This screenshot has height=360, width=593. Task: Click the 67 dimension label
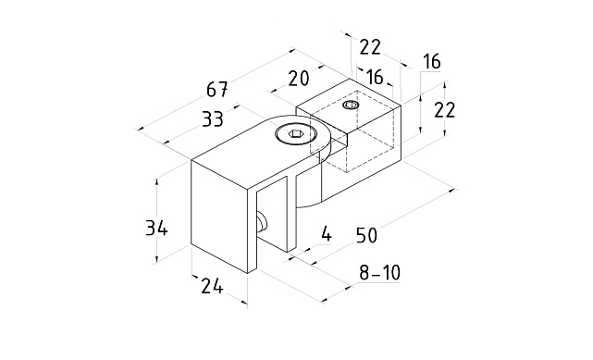click(x=217, y=90)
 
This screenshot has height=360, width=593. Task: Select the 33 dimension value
click(x=213, y=119)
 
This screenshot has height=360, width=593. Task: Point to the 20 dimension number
click(x=299, y=79)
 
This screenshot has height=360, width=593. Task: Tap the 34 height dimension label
click(x=156, y=229)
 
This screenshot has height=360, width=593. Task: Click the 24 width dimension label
click(x=212, y=286)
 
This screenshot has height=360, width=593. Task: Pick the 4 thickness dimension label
click(x=326, y=234)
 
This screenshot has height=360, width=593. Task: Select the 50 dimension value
click(x=366, y=236)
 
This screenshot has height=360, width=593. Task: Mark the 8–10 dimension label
click(x=379, y=273)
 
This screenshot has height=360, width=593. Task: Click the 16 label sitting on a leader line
click(x=431, y=61)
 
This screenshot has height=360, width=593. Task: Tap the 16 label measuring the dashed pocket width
click(x=376, y=77)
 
